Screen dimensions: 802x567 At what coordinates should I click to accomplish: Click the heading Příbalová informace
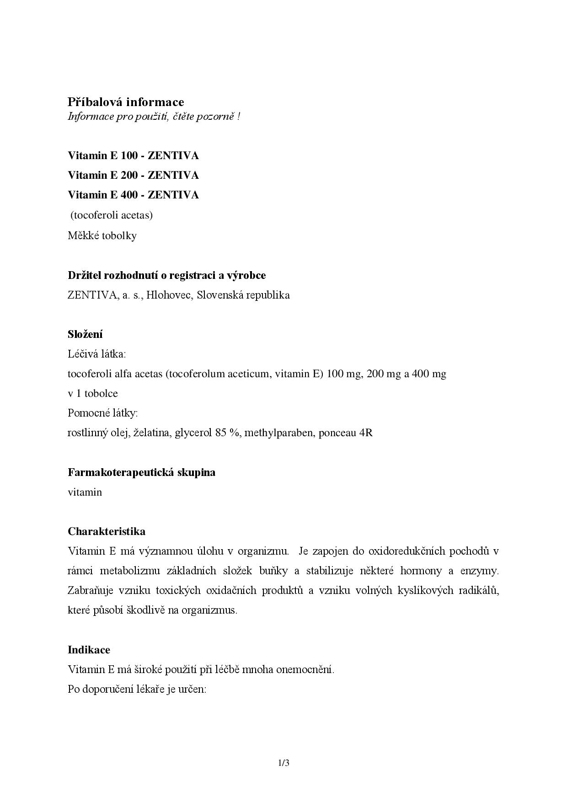(126, 102)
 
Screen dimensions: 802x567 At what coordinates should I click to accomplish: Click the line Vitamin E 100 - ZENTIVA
(133, 156)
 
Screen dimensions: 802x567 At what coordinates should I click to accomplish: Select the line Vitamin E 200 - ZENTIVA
(133, 176)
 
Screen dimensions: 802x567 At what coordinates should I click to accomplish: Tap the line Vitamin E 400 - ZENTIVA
(133, 195)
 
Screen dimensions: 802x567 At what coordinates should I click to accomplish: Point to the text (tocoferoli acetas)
(111, 215)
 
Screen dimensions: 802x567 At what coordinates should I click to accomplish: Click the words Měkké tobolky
(102, 236)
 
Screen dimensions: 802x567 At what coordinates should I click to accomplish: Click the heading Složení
(85, 334)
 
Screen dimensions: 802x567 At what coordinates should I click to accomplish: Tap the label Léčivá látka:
(96, 354)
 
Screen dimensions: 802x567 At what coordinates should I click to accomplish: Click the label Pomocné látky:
(102, 413)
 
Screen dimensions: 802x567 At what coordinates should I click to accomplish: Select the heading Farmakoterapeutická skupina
(141, 472)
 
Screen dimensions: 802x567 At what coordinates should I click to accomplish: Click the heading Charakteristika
(107, 531)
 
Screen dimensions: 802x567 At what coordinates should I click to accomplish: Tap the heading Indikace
(89, 650)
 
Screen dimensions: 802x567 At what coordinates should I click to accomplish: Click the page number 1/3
(283, 763)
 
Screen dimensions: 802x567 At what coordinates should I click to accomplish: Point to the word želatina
(150, 433)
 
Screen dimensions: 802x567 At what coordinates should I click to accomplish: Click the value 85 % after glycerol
(227, 433)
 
